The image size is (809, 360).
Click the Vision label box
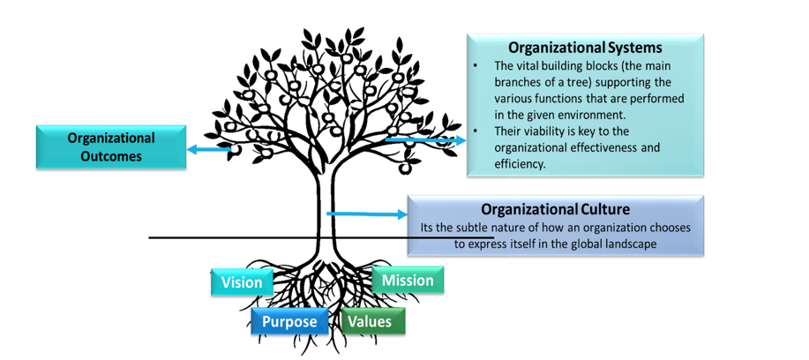point(242,282)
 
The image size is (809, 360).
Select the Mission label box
point(408,281)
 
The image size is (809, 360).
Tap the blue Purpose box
point(289,321)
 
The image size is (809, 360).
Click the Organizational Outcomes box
point(110,147)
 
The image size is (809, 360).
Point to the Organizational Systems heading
point(585,47)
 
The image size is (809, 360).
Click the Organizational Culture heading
point(556,209)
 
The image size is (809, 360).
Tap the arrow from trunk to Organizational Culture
point(366,214)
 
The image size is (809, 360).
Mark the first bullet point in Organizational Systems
point(476,66)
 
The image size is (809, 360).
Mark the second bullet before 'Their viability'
point(476,131)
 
